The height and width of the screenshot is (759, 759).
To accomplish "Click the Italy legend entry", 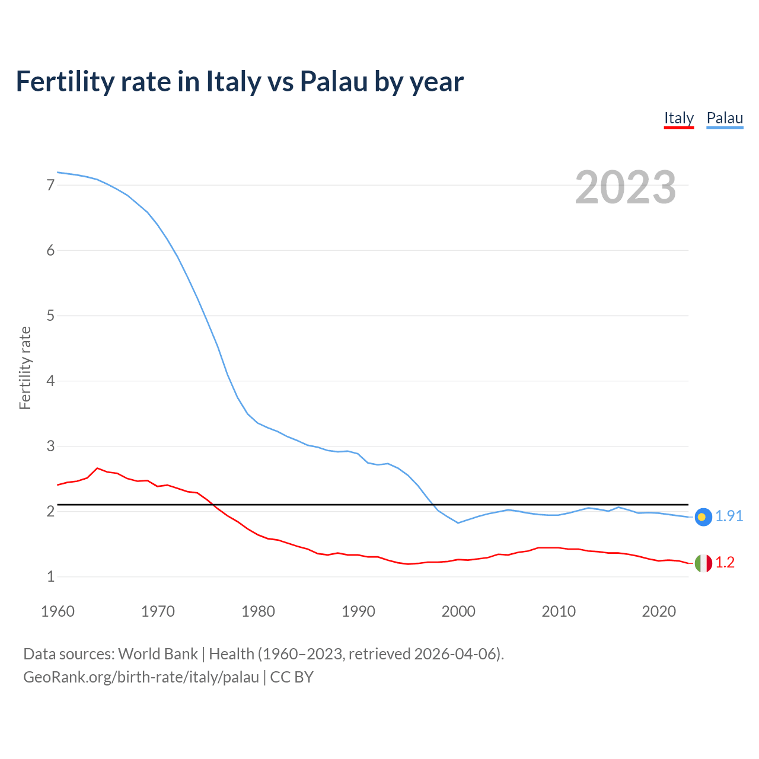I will [x=678, y=118].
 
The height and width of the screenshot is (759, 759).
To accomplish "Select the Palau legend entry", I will [x=725, y=118].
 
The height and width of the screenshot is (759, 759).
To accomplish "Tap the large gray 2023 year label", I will [x=626, y=187].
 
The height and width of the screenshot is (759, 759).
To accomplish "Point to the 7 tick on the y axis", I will [x=50, y=185].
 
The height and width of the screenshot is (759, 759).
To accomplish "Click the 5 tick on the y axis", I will [x=50, y=315].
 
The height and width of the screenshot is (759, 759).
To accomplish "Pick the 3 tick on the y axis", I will [x=50, y=446].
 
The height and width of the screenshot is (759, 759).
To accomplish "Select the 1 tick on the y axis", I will [x=50, y=576].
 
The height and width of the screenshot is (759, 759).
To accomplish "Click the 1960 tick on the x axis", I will [x=58, y=611].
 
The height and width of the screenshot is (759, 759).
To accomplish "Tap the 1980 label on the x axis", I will [x=258, y=611].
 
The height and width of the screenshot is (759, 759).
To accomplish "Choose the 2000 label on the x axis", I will [x=458, y=611].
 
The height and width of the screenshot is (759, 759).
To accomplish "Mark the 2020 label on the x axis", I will [x=659, y=611].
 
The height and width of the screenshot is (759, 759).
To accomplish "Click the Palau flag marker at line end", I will [x=703, y=517].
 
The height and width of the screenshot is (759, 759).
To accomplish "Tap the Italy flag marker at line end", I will [x=703, y=563].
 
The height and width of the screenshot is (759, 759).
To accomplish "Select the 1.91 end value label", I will [x=729, y=516].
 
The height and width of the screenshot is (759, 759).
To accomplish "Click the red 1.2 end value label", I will [x=725, y=563].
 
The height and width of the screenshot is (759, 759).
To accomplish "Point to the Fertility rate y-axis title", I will [x=25, y=368].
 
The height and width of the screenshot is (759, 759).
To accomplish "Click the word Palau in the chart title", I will [x=334, y=82].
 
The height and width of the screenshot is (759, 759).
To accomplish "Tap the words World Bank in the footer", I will [x=158, y=654].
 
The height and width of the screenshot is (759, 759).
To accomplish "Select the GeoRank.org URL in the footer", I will [x=141, y=677].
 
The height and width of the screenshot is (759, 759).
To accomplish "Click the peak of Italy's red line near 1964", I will [x=97, y=468].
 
